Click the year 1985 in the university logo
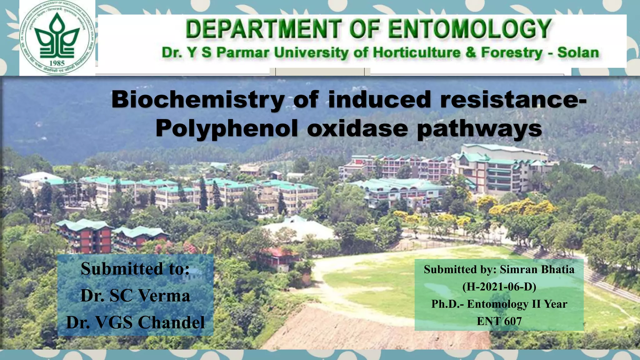coord(57,63)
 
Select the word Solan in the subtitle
coord(578,52)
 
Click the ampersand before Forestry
coord(470,52)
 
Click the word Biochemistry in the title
coord(197,99)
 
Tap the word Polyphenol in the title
coord(227,128)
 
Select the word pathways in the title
coord(479,128)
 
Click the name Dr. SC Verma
coord(135,295)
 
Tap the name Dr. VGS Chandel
coord(135,322)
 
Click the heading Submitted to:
coord(135,268)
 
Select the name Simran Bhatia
coord(537,269)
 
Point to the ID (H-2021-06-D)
coord(499,287)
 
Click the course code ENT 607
coord(499,321)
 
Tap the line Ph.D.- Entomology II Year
coord(499,304)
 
